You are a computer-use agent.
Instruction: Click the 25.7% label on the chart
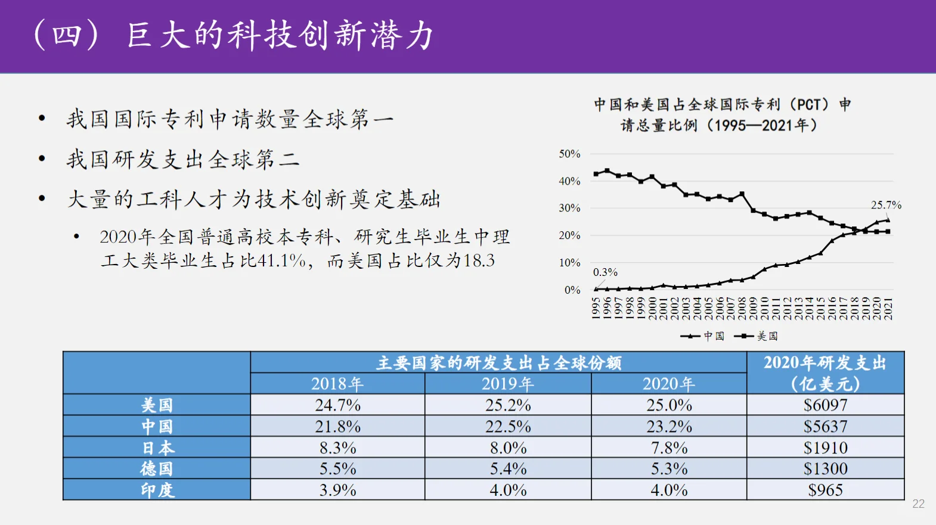pos(886,205)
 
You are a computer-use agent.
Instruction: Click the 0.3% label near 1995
pos(605,272)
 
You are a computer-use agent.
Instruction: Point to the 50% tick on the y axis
pos(569,154)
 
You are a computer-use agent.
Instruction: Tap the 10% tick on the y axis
pos(569,263)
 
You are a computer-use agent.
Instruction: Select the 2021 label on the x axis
pos(888,309)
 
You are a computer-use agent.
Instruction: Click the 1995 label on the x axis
pos(596,309)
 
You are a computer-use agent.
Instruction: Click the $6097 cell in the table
pos(825,405)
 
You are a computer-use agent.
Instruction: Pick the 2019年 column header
pos(508,384)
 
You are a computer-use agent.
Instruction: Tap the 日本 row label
pos(157,448)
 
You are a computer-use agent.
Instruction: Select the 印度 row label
pos(157,490)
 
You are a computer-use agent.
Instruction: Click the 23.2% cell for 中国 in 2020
pos(669,427)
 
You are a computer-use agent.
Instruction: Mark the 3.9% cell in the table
pos(337,490)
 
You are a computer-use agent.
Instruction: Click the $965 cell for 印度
pos(825,490)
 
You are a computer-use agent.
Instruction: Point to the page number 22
pos(918,504)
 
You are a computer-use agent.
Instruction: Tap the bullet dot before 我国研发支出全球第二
pos(42,159)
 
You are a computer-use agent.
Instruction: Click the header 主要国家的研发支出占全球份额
pos(498,363)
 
